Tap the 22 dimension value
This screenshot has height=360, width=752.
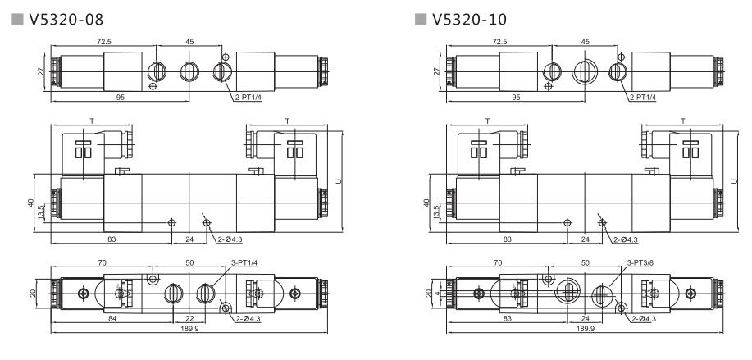[189, 319]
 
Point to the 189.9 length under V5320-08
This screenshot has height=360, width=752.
[188, 329]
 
